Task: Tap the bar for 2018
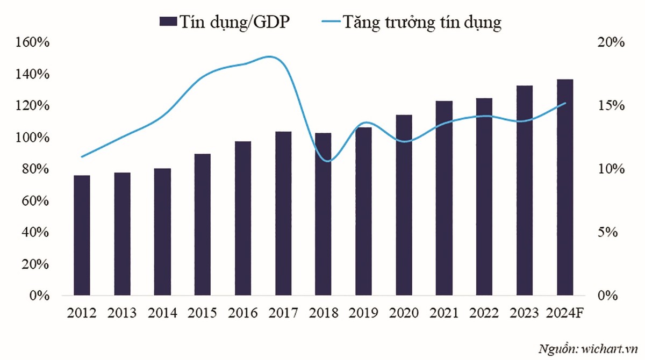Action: point(323,214)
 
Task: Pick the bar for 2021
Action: point(444,198)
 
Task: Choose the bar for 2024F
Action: point(565,188)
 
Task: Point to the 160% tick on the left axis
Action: point(32,42)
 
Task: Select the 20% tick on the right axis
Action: point(610,42)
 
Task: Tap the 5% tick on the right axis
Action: point(613,233)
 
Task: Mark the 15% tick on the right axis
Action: point(610,106)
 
